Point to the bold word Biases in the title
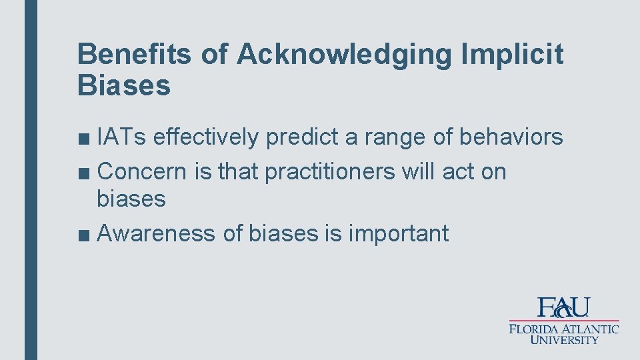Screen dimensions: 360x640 (124, 86)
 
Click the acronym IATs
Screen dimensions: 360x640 (122, 137)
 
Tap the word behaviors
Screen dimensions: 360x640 (511, 137)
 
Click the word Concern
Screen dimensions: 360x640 (142, 171)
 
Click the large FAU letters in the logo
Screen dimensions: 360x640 (564, 307)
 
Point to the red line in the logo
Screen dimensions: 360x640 (564, 321)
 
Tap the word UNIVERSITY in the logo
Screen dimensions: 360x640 (565, 340)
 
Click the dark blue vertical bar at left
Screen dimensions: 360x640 (31, 180)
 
